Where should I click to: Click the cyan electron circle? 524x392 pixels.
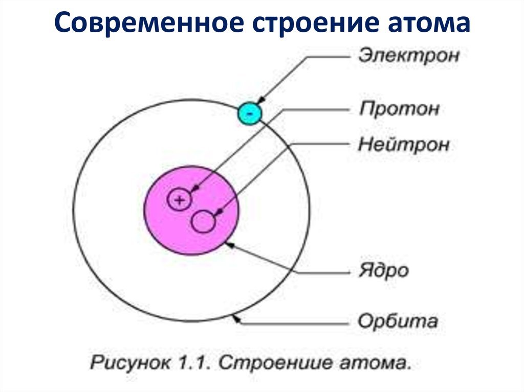click(x=249, y=113)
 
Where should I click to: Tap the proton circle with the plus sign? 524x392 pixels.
click(x=179, y=200)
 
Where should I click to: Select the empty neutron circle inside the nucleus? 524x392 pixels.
click(x=203, y=221)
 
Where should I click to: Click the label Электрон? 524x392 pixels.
click(x=409, y=55)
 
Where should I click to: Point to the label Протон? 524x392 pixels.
click(x=399, y=109)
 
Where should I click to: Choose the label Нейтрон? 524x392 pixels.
click(x=404, y=145)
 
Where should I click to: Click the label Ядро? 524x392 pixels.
click(x=384, y=270)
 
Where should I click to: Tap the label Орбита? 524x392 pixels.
click(x=398, y=321)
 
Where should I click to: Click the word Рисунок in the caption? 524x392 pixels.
click(x=130, y=363)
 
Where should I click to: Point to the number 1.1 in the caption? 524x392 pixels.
click(x=194, y=363)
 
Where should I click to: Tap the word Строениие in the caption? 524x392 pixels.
click(x=275, y=363)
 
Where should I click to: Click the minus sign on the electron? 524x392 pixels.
click(x=250, y=114)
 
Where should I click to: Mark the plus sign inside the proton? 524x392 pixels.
click(x=180, y=200)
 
